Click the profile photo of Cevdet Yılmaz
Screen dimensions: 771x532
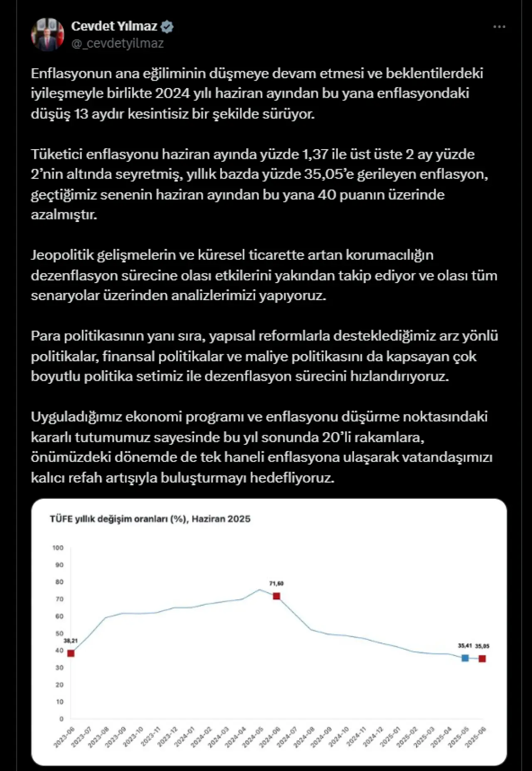click(x=47, y=34)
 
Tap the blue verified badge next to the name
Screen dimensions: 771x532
click(x=167, y=27)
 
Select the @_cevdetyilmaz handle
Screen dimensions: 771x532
click(x=118, y=43)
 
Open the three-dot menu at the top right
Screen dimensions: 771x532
click(x=499, y=27)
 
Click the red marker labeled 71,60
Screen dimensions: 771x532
click(x=276, y=596)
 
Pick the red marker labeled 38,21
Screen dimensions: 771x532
click(x=71, y=653)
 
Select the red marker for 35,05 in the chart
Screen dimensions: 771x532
click(x=482, y=659)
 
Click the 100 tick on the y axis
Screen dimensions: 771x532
click(x=58, y=548)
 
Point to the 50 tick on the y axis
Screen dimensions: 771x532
click(x=59, y=633)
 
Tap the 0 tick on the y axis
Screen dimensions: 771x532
click(x=62, y=719)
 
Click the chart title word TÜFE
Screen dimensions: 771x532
click(x=61, y=519)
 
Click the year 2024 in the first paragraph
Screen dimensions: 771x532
click(x=172, y=93)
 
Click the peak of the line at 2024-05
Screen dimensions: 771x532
click(x=259, y=589)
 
